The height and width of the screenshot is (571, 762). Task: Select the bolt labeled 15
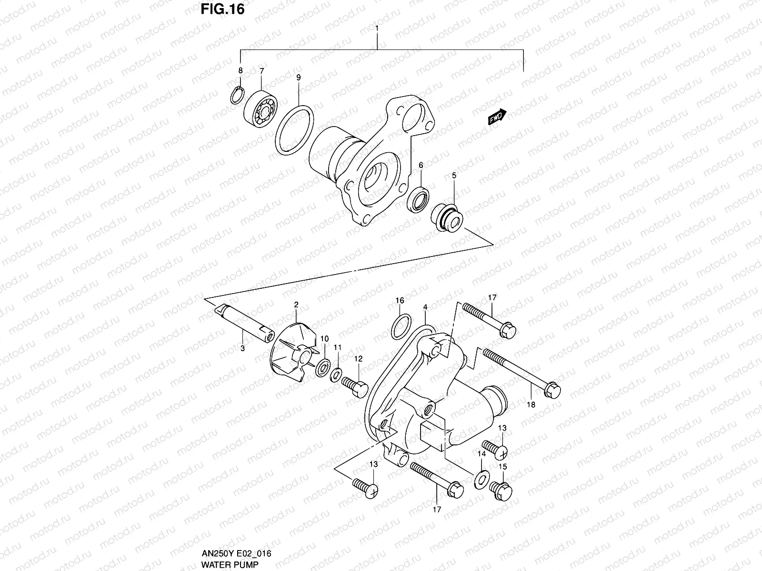[501, 491]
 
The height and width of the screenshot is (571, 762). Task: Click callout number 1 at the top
[377, 29]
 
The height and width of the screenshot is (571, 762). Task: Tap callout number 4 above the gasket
[425, 308]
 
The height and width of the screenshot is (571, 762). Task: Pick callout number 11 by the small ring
[337, 348]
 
